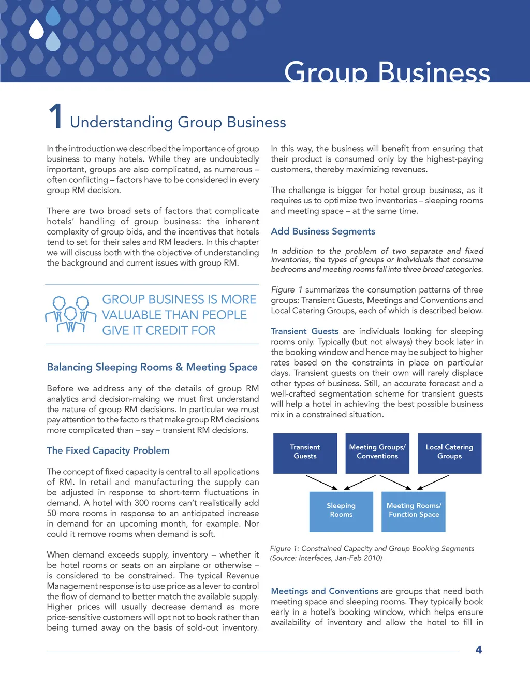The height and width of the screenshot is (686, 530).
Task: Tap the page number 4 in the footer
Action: pos(479,650)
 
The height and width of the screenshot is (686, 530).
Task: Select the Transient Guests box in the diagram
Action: pos(305,453)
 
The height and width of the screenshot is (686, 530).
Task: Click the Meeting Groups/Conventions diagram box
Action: pos(377,453)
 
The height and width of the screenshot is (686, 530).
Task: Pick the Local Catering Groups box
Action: pos(449,453)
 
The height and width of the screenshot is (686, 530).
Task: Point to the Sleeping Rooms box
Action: pos(341,511)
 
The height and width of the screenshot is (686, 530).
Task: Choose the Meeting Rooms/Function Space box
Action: pos(414,511)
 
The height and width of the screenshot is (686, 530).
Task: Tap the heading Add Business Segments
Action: pos(323,231)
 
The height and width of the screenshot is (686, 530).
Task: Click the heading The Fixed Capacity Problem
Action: pos(108,450)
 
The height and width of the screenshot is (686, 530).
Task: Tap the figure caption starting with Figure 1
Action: pos(372,553)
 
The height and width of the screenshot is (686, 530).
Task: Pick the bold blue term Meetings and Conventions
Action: pos(325,591)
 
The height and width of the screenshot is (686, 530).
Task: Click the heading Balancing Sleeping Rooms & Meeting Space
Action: pos(152,367)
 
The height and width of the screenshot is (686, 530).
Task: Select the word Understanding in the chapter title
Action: pos(121,122)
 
